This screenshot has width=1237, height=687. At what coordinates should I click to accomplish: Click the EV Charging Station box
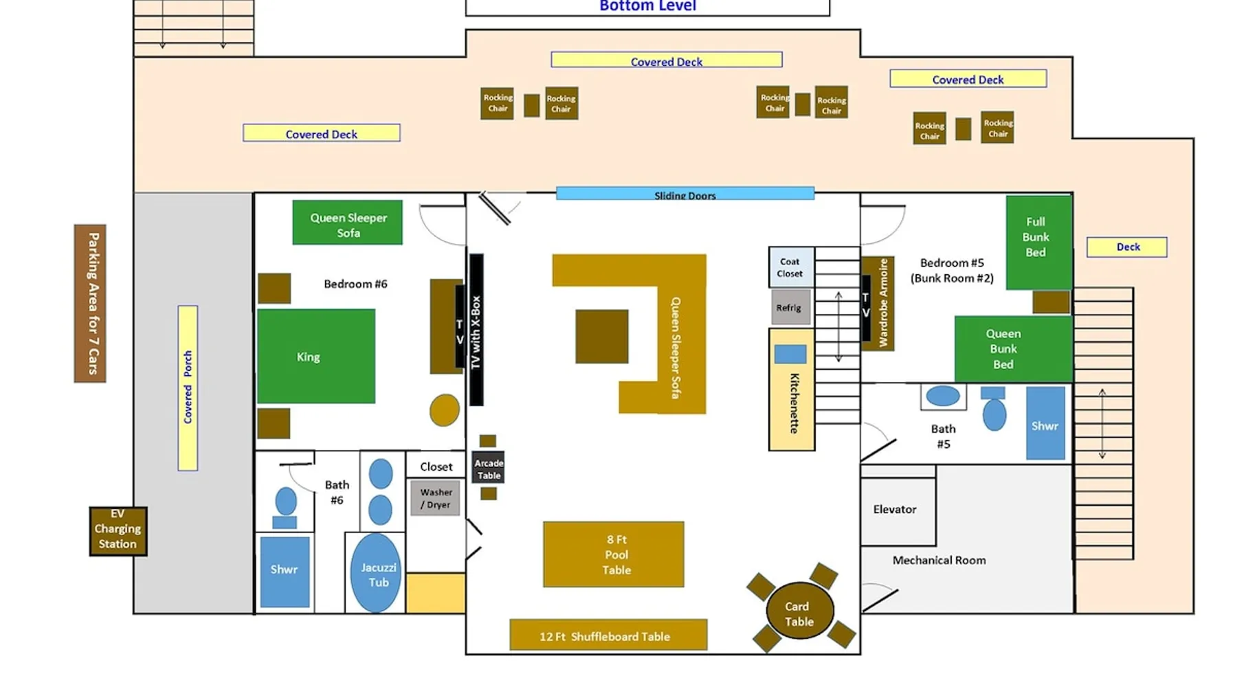(x=118, y=530)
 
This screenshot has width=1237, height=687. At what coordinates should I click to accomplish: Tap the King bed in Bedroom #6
(x=316, y=356)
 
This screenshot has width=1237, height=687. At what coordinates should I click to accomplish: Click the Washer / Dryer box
(x=436, y=498)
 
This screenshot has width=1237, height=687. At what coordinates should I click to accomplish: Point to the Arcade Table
(x=489, y=469)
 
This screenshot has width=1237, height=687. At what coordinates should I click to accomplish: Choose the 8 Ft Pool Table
(x=614, y=554)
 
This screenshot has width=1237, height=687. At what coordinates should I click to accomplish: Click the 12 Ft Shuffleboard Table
(x=608, y=635)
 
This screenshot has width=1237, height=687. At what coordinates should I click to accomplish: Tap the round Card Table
(x=799, y=611)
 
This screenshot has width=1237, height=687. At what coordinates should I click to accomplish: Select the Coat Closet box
(x=791, y=267)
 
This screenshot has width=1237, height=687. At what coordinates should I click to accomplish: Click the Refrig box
(x=790, y=307)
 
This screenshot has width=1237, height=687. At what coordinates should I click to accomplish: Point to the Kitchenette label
(x=794, y=403)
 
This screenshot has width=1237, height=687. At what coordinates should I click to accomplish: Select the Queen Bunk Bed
(x=1012, y=349)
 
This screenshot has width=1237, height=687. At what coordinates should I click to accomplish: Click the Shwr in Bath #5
(x=1045, y=423)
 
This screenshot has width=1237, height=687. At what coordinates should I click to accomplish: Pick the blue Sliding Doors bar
(x=685, y=194)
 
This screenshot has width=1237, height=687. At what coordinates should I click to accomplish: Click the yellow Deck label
(x=1127, y=247)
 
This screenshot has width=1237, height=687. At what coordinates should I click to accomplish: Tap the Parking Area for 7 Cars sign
(x=90, y=303)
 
